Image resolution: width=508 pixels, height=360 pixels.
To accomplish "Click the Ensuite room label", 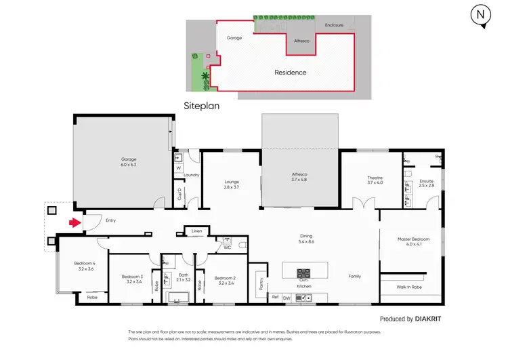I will point(426,181).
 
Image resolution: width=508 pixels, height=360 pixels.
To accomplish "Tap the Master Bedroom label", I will point(412,239).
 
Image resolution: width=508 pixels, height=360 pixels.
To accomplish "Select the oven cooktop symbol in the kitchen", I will point(303,273).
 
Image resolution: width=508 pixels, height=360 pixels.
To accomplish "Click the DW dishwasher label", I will point(287,298).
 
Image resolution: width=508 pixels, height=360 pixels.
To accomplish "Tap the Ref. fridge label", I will point(275,298).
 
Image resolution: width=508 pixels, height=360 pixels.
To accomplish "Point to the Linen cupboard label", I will point(197,231).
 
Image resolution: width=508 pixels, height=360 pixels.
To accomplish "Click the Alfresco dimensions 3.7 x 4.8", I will point(299,180).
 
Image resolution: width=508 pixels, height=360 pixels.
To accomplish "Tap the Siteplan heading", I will point(202,106).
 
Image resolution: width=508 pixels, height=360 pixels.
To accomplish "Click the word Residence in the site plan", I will point(290,72).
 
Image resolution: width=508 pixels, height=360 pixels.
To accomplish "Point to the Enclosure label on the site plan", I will point(334,25).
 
